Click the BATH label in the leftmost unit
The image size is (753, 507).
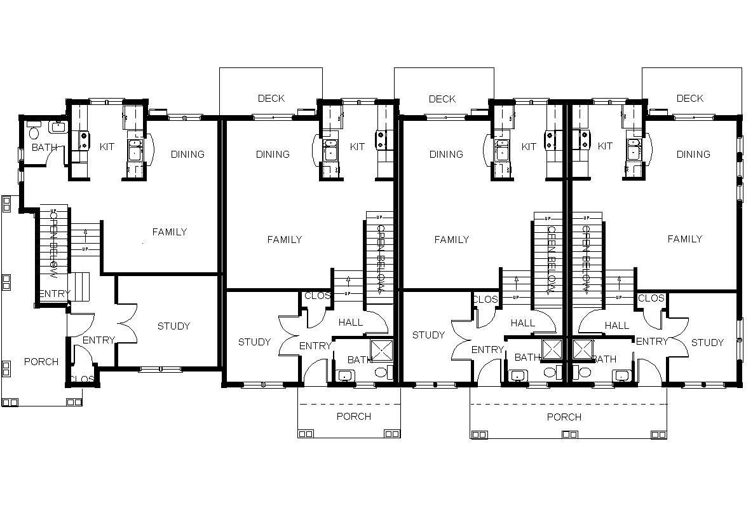44,147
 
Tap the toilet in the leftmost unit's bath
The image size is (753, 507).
34,132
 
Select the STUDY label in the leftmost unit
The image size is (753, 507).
173,326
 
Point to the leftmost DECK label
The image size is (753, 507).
271,99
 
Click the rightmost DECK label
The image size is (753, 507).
690,99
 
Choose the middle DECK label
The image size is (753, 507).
442,99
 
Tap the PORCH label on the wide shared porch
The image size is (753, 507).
564,417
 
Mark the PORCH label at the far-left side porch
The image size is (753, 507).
41,362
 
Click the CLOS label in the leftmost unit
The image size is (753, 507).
82,380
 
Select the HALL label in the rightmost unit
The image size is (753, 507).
616,326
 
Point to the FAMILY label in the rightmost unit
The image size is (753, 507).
684,239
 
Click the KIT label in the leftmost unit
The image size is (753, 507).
107,147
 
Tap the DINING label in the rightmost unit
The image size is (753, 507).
693,155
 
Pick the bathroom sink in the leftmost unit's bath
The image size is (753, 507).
58,127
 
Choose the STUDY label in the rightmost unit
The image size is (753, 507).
707,343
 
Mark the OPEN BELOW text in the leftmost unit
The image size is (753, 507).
53,245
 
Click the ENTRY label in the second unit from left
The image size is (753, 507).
315,346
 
